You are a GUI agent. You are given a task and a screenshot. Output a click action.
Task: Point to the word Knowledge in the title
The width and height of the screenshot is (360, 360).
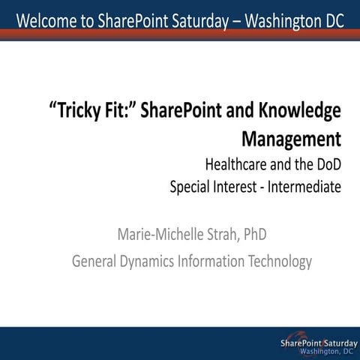299,112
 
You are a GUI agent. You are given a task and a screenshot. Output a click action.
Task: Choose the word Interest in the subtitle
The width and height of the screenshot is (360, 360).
244,185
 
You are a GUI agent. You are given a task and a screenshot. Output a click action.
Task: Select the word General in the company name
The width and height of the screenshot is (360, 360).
95,262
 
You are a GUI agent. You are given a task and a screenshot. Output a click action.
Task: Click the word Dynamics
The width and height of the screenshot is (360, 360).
152,262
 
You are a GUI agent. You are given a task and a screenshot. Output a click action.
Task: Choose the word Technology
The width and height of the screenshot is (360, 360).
282,262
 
